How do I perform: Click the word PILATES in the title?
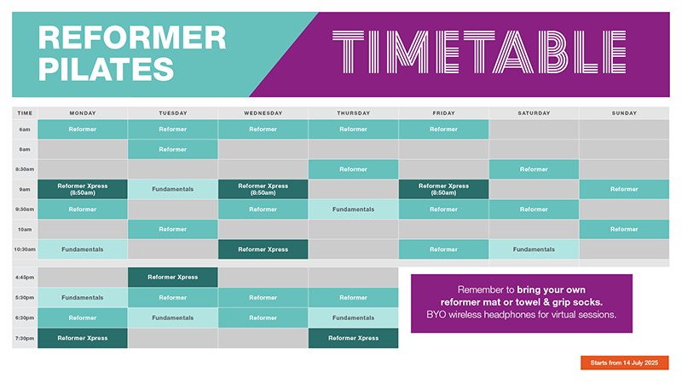pyautogui.click(x=106, y=70)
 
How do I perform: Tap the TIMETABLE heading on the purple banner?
pyautogui.click(x=479, y=52)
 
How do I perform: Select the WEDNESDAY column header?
pyautogui.click(x=263, y=113)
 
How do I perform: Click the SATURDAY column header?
pyautogui.click(x=534, y=113)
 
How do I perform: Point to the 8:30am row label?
pyautogui.click(x=25, y=169)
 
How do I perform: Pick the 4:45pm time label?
pyautogui.click(x=25, y=277)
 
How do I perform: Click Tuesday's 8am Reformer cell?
pyautogui.click(x=173, y=150)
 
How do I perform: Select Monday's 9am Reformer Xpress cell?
pyautogui.click(x=83, y=189)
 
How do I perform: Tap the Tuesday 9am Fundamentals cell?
pyautogui.click(x=173, y=189)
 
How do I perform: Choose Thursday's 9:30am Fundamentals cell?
pyautogui.click(x=353, y=209)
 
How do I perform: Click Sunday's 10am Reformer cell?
pyautogui.click(x=624, y=229)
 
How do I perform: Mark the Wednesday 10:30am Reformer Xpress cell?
pyautogui.click(x=263, y=249)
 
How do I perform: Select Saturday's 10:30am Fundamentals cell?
pyautogui.click(x=534, y=249)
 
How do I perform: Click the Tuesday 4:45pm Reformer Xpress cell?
pyautogui.click(x=173, y=277)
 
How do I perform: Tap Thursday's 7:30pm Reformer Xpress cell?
pyautogui.click(x=353, y=338)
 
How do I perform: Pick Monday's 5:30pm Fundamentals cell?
pyautogui.click(x=83, y=298)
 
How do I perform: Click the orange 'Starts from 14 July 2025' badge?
pyautogui.click(x=625, y=363)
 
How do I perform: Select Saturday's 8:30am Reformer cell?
pyautogui.click(x=534, y=169)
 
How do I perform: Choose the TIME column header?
pyautogui.click(x=25, y=113)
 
